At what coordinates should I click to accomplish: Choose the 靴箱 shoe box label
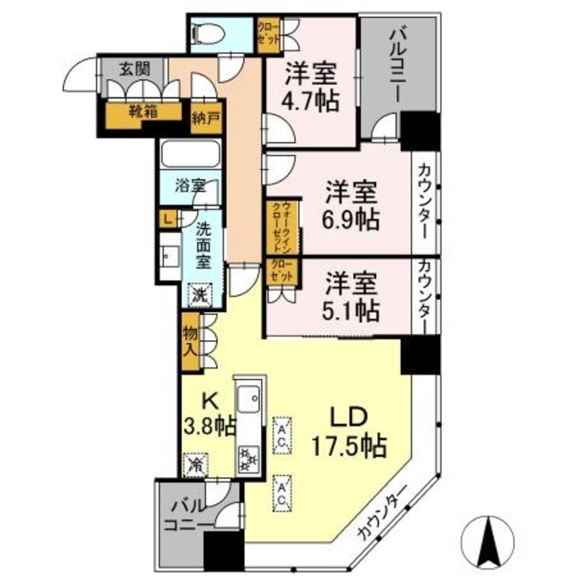[130, 114]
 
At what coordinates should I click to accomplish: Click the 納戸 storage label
[206, 115]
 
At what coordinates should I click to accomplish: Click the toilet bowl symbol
[206, 33]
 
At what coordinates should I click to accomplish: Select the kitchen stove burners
[247, 458]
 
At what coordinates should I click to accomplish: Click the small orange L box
[168, 217]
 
